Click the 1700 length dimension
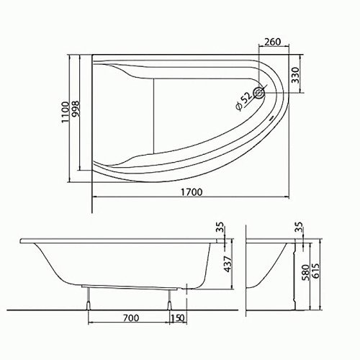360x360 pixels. pyautogui.click(x=189, y=192)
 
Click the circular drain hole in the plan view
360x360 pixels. pyautogui.click(x=260, y=91)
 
